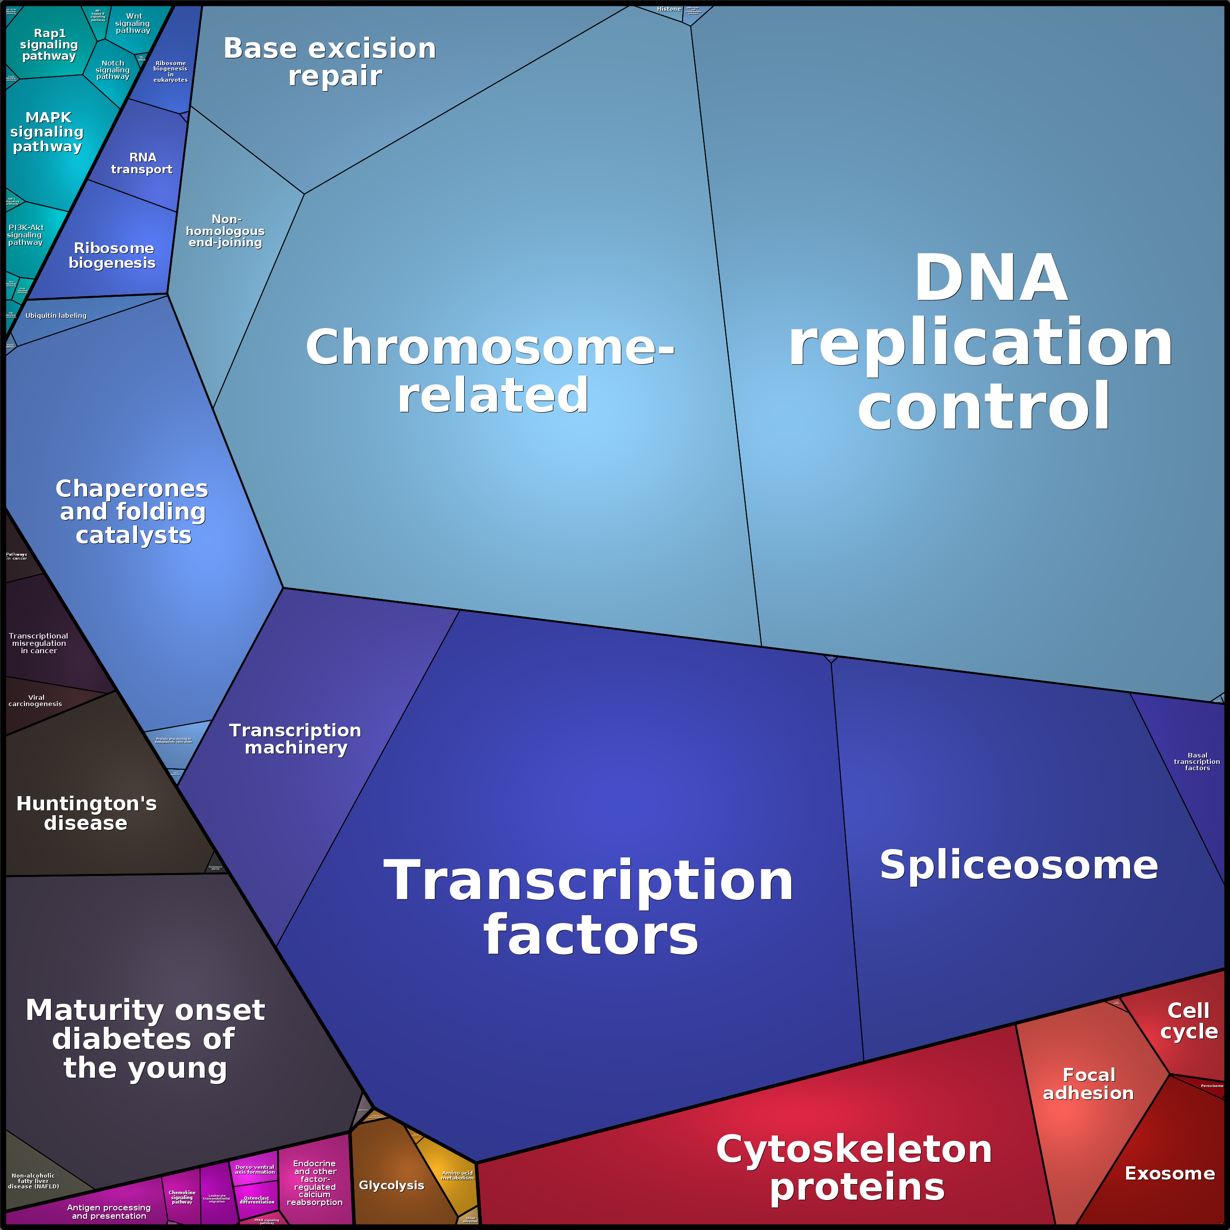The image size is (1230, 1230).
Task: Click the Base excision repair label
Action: (x=330, y=62)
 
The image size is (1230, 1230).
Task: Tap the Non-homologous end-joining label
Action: (x=225, y=231)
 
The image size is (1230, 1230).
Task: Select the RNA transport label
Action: (x=142, y=163)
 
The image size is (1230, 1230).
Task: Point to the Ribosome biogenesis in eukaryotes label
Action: (x=170, y=71)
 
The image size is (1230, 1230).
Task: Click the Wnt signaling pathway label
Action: (x=133, y=23)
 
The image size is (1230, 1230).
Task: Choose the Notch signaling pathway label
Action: (x=113, y=70)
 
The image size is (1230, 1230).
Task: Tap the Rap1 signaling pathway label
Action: (x=49, y=45)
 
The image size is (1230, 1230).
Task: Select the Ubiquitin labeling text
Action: (x=56, y=316)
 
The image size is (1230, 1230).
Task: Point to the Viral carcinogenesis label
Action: (x=36, y=700)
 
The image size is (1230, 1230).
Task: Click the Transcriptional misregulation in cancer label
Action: (x=38, y=643)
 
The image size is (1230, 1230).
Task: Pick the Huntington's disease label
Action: (x=86, y=813)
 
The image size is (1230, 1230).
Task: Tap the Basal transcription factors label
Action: (x=1197, y=761)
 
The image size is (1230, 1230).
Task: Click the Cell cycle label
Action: (x=1188, y=1020)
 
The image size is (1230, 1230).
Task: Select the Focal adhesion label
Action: (x=1088, y=1084)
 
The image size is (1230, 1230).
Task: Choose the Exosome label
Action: (x=1169, y=1173)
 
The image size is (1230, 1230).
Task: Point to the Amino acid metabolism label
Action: (x=458, y=1175)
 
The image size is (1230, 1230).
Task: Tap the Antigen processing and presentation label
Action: (x=109, y=1211)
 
